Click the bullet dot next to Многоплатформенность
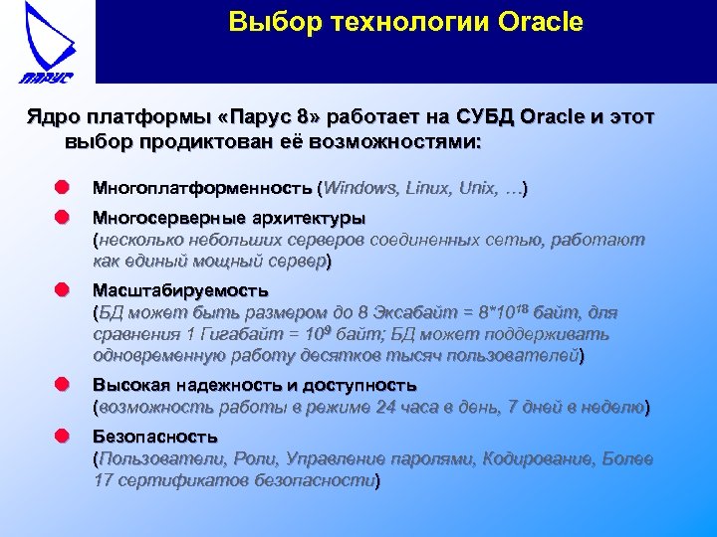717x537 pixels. click(62, 187)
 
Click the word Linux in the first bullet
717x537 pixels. click(431, 187)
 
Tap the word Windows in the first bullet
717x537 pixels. click(360, 187)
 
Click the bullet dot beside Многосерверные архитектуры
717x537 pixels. click(62, 217)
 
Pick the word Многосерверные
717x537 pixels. click(168, 217)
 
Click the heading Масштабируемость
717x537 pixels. click(180, 290)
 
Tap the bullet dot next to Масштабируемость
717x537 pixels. click(62, 290)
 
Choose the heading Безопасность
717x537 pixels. click(154, 437)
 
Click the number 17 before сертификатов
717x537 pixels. click(103, 481)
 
